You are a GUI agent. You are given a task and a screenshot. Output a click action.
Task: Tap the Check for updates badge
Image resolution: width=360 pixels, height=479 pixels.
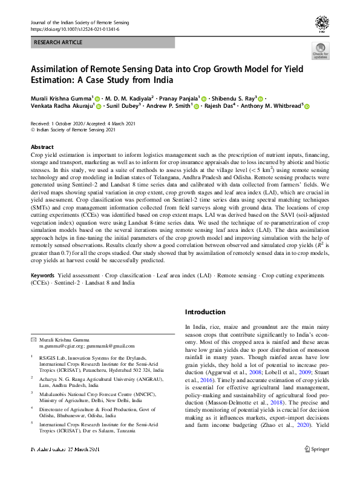320,51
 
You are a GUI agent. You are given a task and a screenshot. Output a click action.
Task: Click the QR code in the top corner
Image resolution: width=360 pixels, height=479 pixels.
321,24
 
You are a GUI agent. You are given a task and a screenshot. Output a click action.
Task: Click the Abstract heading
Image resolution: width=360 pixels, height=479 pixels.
42,147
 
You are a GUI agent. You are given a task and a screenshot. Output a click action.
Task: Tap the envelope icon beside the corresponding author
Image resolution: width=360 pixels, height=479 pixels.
33,339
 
